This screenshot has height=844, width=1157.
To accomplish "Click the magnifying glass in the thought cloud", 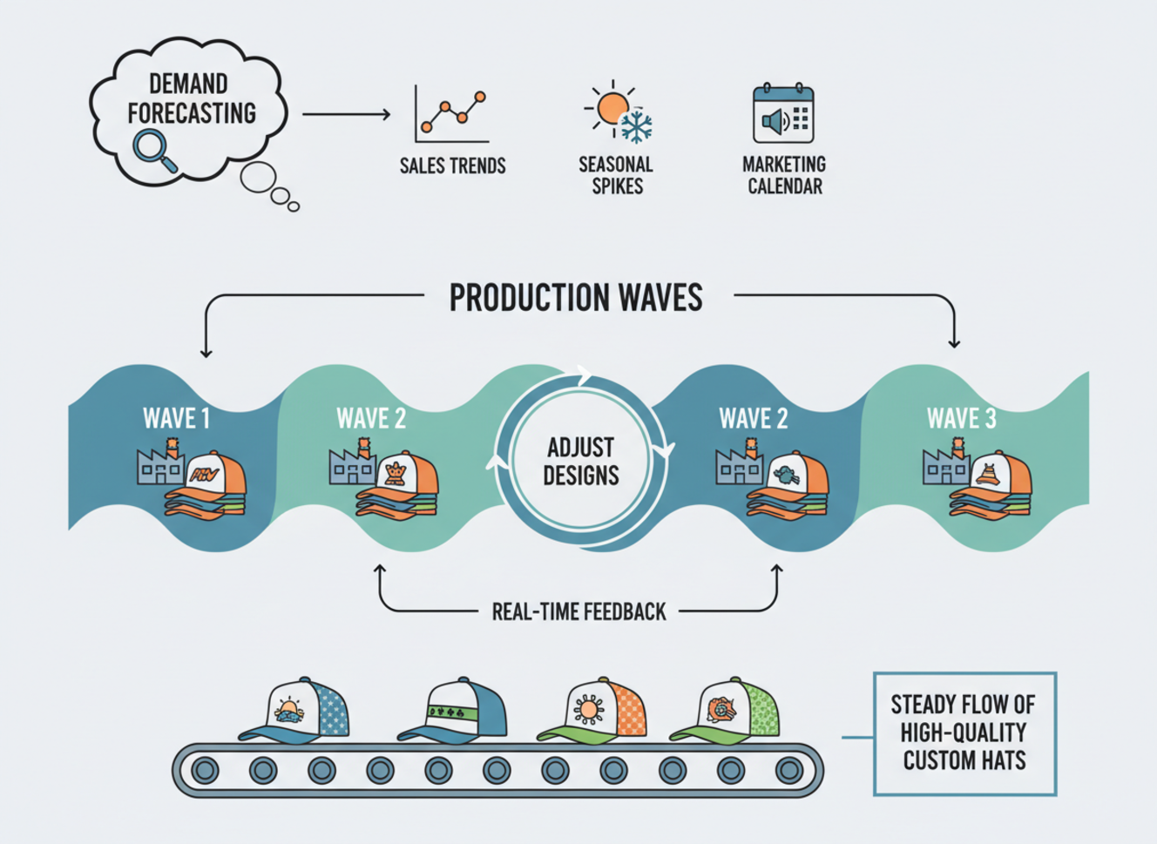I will tap(153, 149).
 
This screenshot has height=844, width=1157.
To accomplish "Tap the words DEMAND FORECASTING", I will tap(191, 98).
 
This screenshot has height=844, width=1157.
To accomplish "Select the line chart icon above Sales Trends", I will tap(451, 114).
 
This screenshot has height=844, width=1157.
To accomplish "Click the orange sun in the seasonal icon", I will tap(612, 108).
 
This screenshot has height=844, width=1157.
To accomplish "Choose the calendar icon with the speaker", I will tap(783, 114).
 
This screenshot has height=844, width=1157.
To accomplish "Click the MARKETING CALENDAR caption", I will tap(784, 175).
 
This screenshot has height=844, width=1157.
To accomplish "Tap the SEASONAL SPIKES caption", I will tap(616, 175).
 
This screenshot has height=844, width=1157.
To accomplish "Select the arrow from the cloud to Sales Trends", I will tap(347, 114).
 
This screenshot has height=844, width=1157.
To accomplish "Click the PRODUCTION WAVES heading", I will tap(576, 298).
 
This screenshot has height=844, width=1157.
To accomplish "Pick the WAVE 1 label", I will tap(176, 419).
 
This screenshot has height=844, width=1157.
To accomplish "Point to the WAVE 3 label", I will tap(961, 419).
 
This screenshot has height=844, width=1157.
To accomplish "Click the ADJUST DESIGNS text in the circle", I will tap(581, 463).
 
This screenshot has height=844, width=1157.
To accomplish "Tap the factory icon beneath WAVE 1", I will tap(160, 465).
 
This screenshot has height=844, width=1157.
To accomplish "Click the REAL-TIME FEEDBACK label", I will tap(578, 611).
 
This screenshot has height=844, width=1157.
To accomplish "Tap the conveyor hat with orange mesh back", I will tap(598, 710).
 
